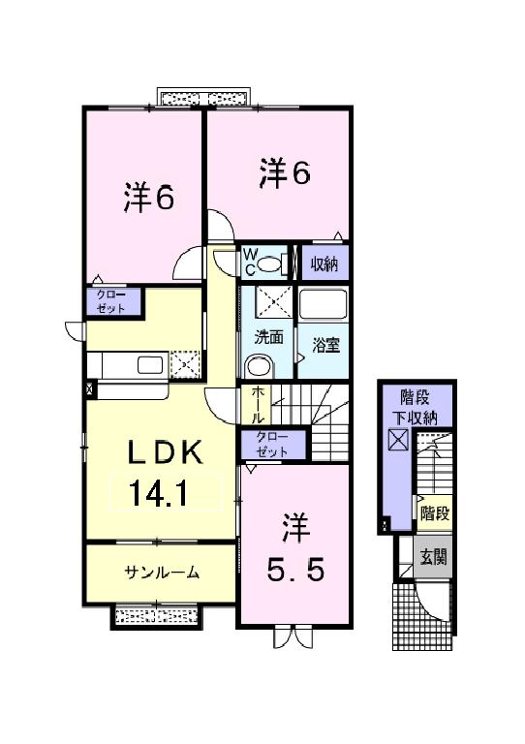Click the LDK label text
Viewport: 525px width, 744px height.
(x=160, y=452)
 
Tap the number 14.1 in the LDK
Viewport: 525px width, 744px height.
(x=160, y=494)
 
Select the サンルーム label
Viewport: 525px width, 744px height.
(x=161, y=572)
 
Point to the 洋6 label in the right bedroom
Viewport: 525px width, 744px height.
(x=283, y=173)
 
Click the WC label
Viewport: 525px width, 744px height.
(x=248, y=262)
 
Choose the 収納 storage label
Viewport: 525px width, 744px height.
(x=323, y=263)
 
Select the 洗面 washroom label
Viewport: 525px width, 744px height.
(x=268, y=338)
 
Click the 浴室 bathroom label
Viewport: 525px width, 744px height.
(x=324, y=343)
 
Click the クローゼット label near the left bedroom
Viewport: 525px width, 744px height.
(x=113, y=301)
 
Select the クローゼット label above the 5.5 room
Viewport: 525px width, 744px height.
(x=272, y=446)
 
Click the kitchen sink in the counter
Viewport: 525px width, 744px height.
(x=151, y=364)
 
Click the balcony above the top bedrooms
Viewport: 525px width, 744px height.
(x=206, y=98)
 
